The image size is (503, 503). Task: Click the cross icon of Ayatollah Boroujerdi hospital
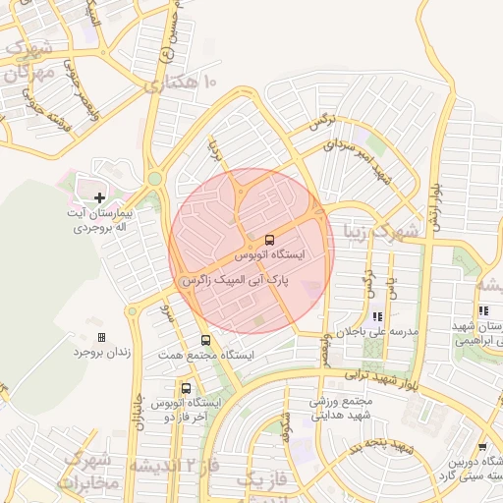point(99,197)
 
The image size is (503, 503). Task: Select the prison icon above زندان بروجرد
point(99,336)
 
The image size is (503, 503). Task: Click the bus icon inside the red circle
point(269,239)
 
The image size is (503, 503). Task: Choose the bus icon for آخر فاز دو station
point(187,388)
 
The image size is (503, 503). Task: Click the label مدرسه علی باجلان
point(379,332)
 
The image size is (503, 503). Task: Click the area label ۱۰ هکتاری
point(182,85)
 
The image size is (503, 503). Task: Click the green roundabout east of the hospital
point(154,178)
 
